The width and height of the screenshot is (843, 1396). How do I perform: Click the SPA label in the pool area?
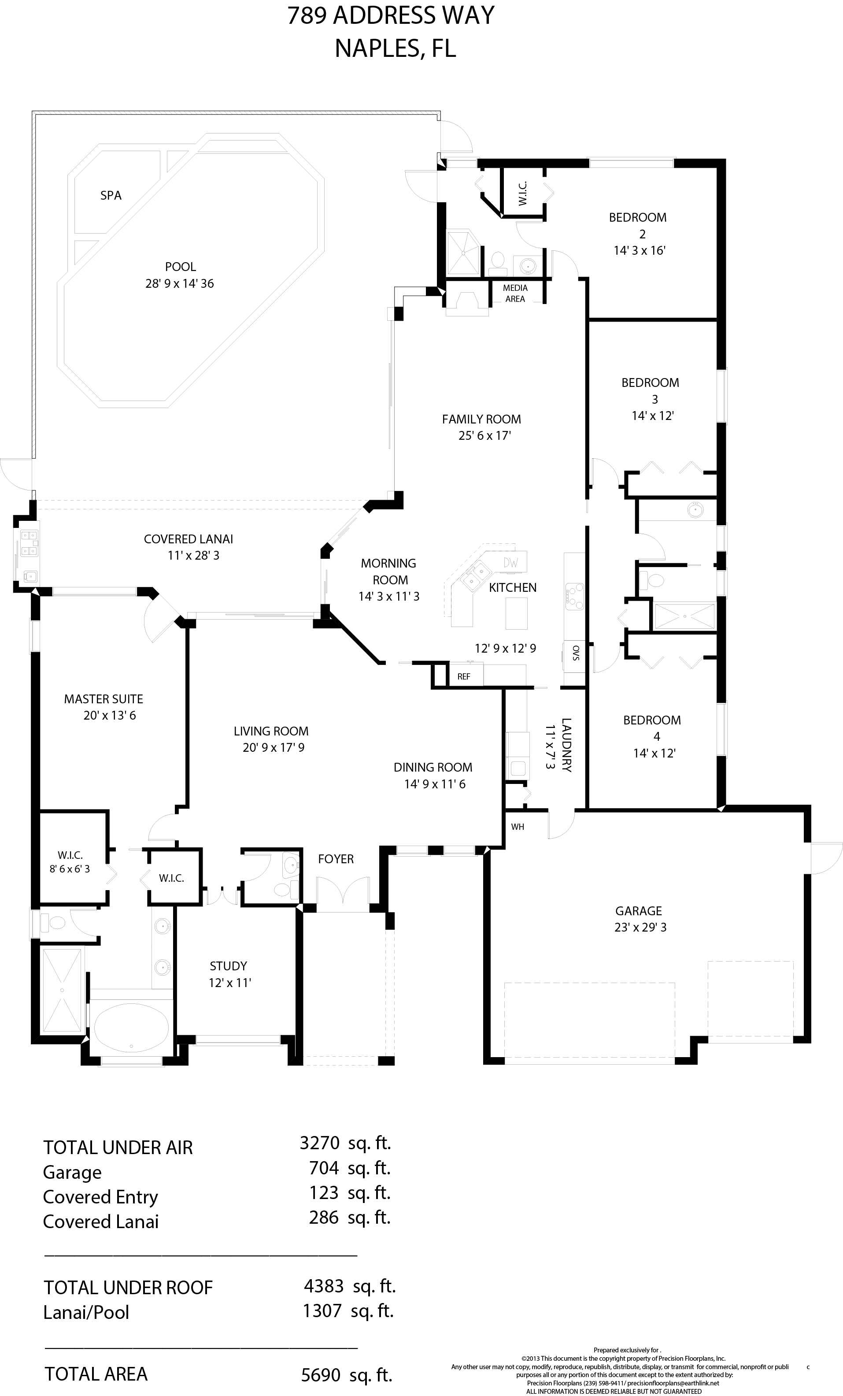point(111,196)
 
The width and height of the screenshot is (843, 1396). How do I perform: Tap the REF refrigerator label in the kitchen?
point(464,676)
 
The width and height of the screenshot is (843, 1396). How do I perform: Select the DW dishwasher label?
point(510,563)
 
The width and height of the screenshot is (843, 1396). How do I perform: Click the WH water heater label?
point(518,827)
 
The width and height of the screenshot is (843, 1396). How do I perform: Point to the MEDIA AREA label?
point(515,293)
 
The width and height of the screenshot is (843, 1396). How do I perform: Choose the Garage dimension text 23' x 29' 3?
point(640,928)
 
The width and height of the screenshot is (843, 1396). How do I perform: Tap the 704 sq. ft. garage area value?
point(350,1168)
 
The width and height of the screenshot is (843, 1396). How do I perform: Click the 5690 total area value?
point(321,1374)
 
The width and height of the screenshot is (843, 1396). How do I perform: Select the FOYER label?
point(336,859)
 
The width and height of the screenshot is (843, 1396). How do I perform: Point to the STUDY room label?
point(228,966)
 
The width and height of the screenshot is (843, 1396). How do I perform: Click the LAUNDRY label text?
point(566,745)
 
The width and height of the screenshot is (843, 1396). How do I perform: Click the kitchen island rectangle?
point(516,613)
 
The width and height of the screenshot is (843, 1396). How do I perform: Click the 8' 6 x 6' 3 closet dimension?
point(70,869)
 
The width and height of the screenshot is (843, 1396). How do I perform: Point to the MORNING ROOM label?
point(389,572)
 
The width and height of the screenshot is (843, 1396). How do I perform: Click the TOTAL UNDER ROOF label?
point(128,1288)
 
